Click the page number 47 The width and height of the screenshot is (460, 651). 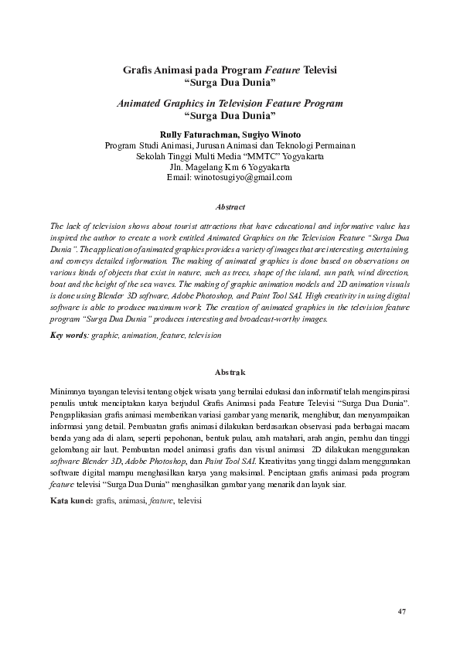coord(402,612)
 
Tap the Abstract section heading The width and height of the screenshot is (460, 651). coord(230,207)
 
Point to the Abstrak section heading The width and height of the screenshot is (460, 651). coord(230,373)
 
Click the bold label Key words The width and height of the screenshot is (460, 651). coord(69,336)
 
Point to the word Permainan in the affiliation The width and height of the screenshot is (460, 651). coord(332,145)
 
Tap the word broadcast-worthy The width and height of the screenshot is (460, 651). coord(295,319)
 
